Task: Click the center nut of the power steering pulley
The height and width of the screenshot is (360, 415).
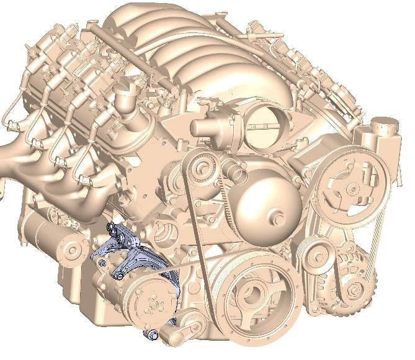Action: pyautogui.click(x=352, y=188)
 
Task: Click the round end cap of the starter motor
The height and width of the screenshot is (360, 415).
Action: pyautogui.click(x=74, y=250)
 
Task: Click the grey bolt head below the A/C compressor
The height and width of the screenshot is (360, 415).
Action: pyautogui.click(x=153, y=336)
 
